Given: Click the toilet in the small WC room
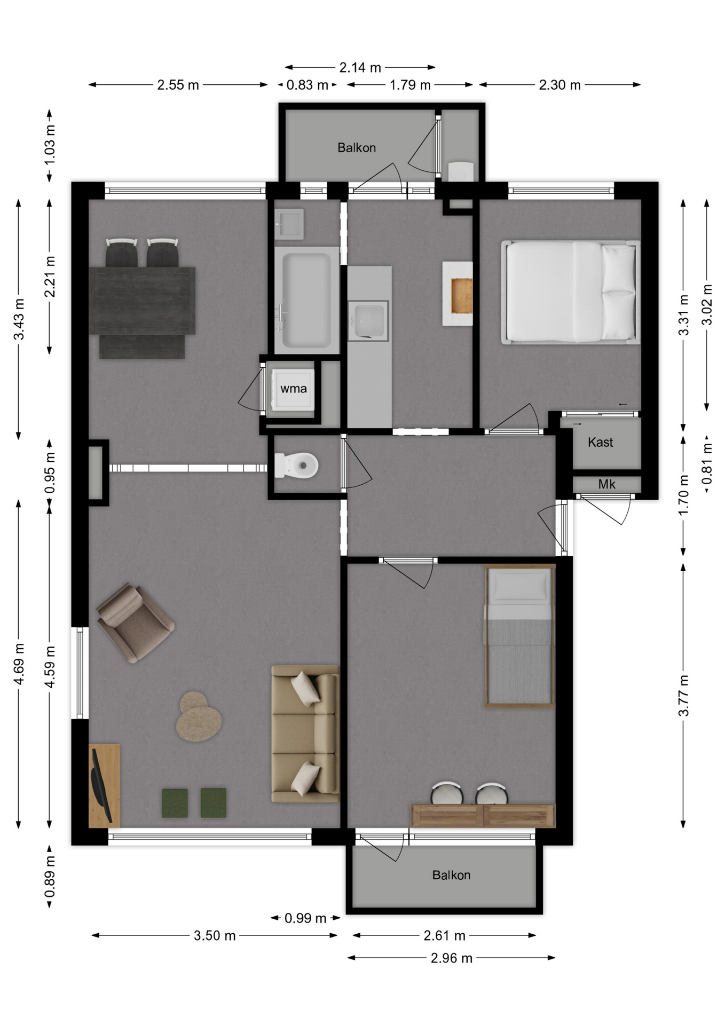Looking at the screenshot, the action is pos(296,465).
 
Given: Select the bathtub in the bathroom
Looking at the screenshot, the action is pos(306,300).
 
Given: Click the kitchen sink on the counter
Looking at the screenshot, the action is pos(368,320).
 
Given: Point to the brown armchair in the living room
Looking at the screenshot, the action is pos(135,622).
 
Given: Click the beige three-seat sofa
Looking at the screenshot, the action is pos(305,733).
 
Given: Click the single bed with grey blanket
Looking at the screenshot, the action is pos(519,636).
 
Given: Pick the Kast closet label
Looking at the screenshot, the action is pos(600,442).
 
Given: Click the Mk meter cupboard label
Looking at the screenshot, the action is pos(606,484).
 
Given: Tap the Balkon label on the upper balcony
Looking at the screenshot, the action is pos(357,148).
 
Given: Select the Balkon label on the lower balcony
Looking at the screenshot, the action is pos(451,875).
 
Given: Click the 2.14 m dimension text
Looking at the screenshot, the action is pos(360,68).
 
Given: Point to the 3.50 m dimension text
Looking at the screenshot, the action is pos(215,935).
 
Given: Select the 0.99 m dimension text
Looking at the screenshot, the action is pos(305,918).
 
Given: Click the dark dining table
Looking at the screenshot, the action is pos(141,301).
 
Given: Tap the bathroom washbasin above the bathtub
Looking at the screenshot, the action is pos(289,224).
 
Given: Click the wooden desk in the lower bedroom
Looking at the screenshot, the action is pos(483,816).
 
